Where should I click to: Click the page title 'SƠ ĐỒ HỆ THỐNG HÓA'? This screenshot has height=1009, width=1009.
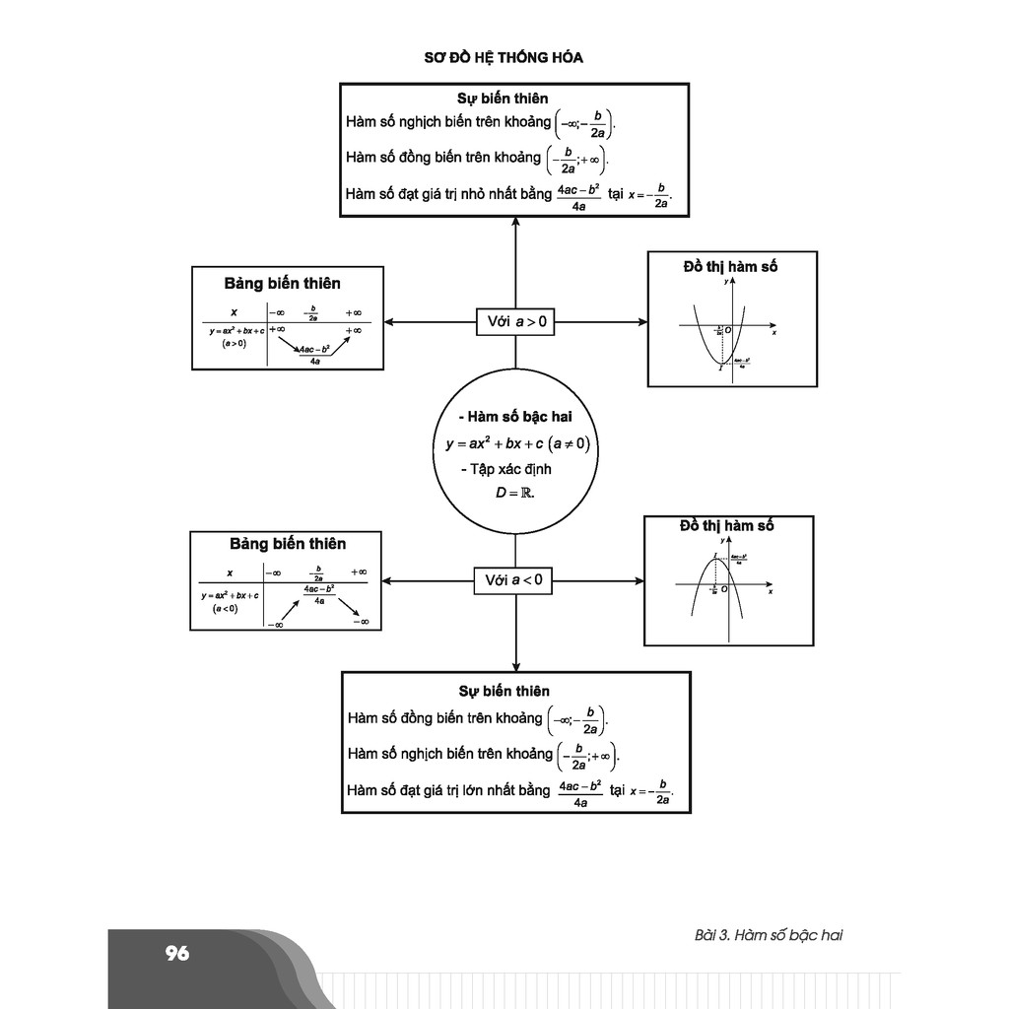pos(504,57)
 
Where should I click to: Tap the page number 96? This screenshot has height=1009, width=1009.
pos(177,953)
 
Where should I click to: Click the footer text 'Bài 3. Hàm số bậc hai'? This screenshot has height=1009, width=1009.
pos(769,935)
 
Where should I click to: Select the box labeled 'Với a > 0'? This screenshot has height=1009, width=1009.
pos(516,321)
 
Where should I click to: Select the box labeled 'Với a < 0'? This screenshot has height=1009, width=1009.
pos(514,580)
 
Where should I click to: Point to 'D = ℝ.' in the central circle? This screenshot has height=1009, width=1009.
pos(514,492)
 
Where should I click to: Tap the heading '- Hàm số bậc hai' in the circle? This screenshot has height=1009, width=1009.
pos(515,417)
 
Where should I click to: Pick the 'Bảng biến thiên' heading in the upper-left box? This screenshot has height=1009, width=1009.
pos(282,284)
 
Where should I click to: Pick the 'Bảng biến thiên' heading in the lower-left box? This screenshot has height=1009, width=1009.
pos(288,544)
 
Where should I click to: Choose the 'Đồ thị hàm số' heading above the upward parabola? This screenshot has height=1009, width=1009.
pos(730,266)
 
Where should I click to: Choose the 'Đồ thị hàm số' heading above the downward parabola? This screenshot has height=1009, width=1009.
pos(727,526)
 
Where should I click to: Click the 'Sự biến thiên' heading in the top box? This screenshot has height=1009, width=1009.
pos(503,99)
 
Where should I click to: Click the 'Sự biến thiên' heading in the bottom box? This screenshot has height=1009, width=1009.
pos(504,691)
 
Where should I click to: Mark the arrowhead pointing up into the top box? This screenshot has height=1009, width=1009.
pos(515,222)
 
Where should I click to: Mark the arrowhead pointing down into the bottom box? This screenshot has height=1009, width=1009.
pos(515,666)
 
